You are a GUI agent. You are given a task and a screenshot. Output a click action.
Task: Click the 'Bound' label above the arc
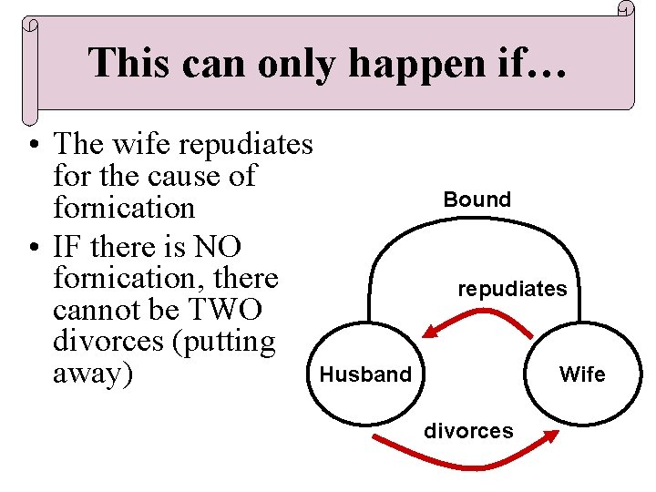point(477,200)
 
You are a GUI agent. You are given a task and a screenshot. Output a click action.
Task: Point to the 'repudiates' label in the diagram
point(512,289)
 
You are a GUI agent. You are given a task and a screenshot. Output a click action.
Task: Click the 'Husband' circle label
point(364,374)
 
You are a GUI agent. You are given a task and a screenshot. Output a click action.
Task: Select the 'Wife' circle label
point(582,374)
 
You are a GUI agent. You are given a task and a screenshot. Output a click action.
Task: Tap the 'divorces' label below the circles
point(468,430)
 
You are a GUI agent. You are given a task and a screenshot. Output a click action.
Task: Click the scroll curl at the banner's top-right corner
point(625,9)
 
